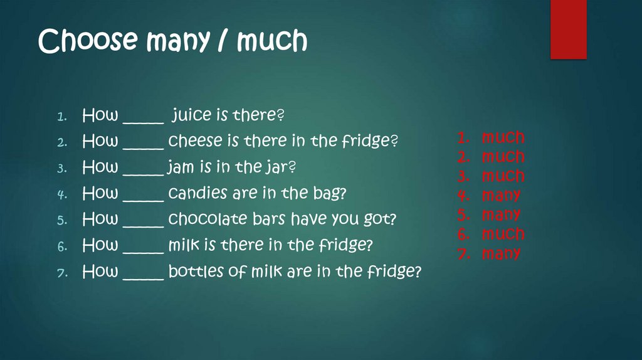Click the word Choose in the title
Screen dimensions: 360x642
87,41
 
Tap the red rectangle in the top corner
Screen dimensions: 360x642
568,29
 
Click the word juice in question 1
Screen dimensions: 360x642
193,116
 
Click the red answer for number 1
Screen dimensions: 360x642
503,137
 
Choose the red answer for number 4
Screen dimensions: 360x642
501,196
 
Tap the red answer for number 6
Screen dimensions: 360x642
503,235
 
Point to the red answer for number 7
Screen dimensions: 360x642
501,254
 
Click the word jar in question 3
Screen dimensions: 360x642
282,168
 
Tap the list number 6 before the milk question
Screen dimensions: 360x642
61,246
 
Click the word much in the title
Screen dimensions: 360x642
272,41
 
